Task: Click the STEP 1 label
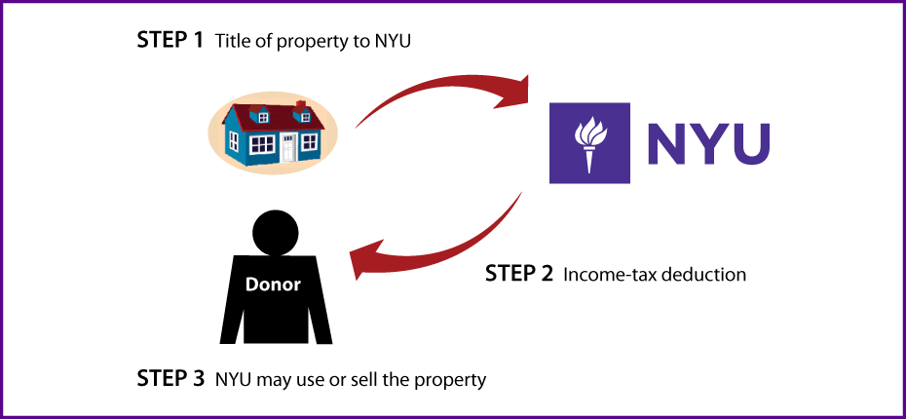[x=170, y=41]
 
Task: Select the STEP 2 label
[x=519, y=273]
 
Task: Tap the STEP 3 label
[x=170, y=378]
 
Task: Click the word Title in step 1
[x=229, y=42]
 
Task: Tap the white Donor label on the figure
[x=274, y=285]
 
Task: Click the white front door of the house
[x=290, y=147]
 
